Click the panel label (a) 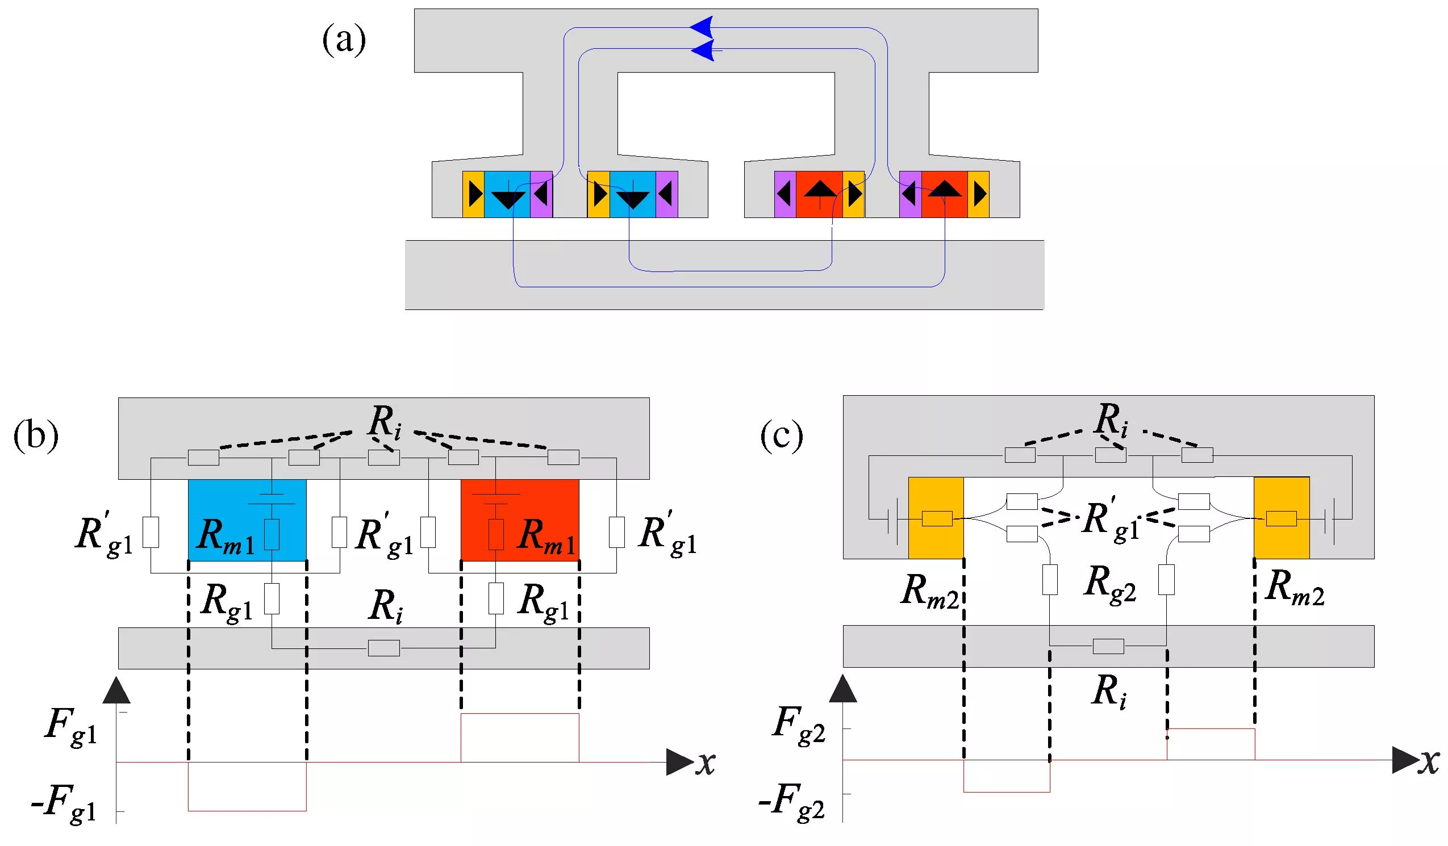click(x=344, y=40)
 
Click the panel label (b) click(x=36, y=436)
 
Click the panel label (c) click(x=782, y=436)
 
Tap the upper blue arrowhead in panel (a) click(x=702, y=27)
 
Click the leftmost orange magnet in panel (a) click(x=473, y=194)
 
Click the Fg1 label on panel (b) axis click(x=70, y=727)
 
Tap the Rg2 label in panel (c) click(x=1109, y=584)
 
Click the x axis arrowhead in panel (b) click(x=680, y=762)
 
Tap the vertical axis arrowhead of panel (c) click(x=843, y=689)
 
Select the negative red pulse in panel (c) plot click(x=1006, y=777)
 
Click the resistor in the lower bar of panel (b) click(x=383, y=648)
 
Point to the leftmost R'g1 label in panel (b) click(x=103, y=534)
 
